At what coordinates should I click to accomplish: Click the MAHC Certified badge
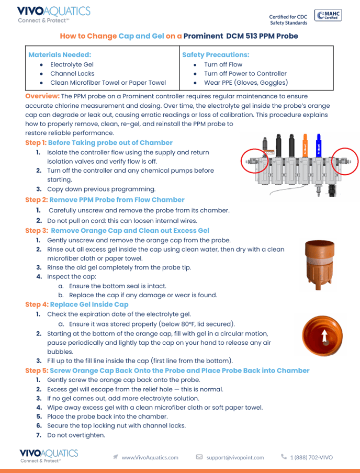329,16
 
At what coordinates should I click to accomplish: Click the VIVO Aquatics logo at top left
53,15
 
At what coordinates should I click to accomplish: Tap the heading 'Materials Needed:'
60,54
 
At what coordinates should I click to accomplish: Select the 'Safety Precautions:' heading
216,54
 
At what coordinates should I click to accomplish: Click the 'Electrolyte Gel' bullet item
72,64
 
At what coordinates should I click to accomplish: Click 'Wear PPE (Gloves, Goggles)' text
246,83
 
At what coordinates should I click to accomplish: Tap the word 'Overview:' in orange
42,96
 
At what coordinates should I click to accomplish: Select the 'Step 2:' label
36,200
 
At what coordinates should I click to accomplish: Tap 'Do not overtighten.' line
76,435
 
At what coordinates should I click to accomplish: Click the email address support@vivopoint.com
235,457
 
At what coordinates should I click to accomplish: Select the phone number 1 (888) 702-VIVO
311,457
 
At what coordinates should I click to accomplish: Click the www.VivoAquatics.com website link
150,457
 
